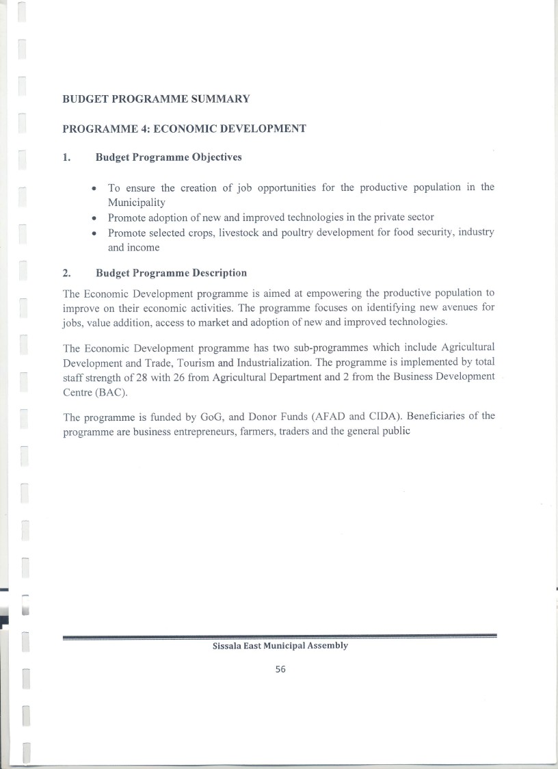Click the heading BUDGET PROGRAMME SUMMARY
[x=156, y=99]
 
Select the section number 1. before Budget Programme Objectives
[x=66, y=157]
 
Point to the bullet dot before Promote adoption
[x=94, y=218]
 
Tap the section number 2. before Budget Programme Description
[x=66, y=273]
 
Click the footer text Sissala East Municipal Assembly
[x=280, y=645]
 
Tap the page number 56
[x=280, y=670]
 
